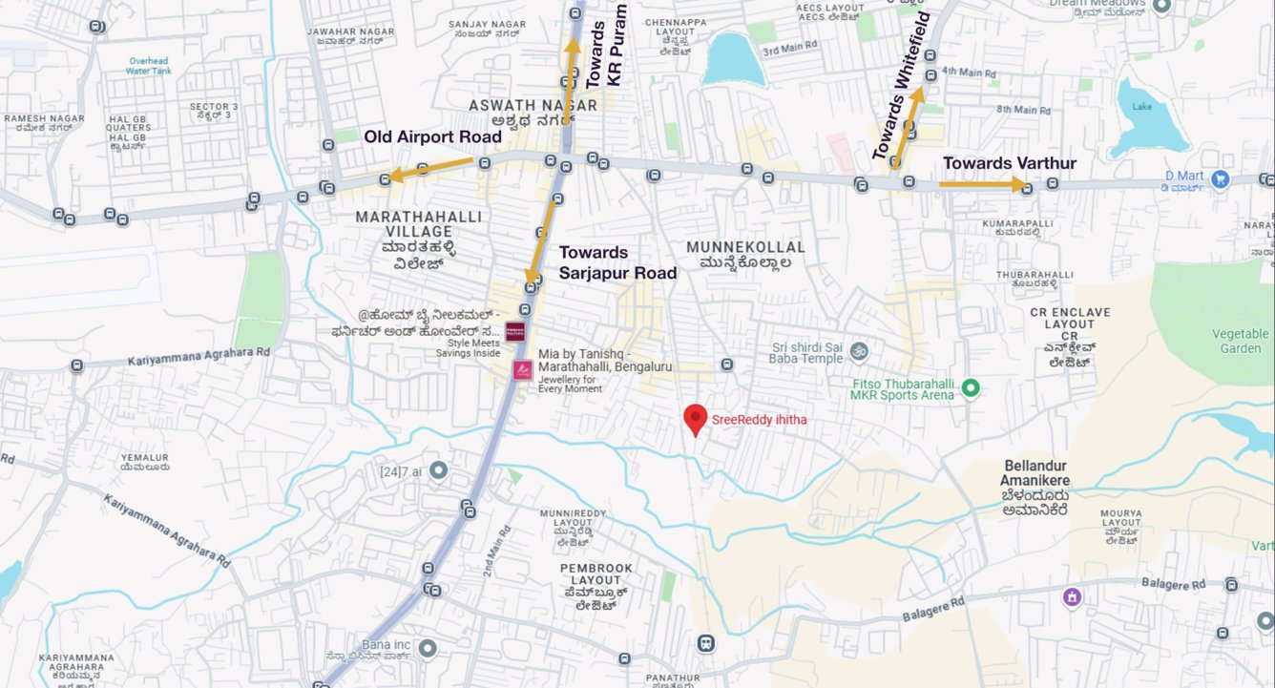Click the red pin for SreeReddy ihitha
coord(696,418)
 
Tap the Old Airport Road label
coord(432,137)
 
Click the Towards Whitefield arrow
coord(908,127)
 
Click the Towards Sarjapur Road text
coord(617,262)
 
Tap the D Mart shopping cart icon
coord(1219,177)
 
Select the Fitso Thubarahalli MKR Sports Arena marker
coord(971,387)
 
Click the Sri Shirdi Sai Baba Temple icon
coord(858,351)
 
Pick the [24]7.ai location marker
coord(438,470)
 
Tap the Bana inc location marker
coord(427,648)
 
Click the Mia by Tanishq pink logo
coord(522,369)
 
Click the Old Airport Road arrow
coord(428,169)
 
